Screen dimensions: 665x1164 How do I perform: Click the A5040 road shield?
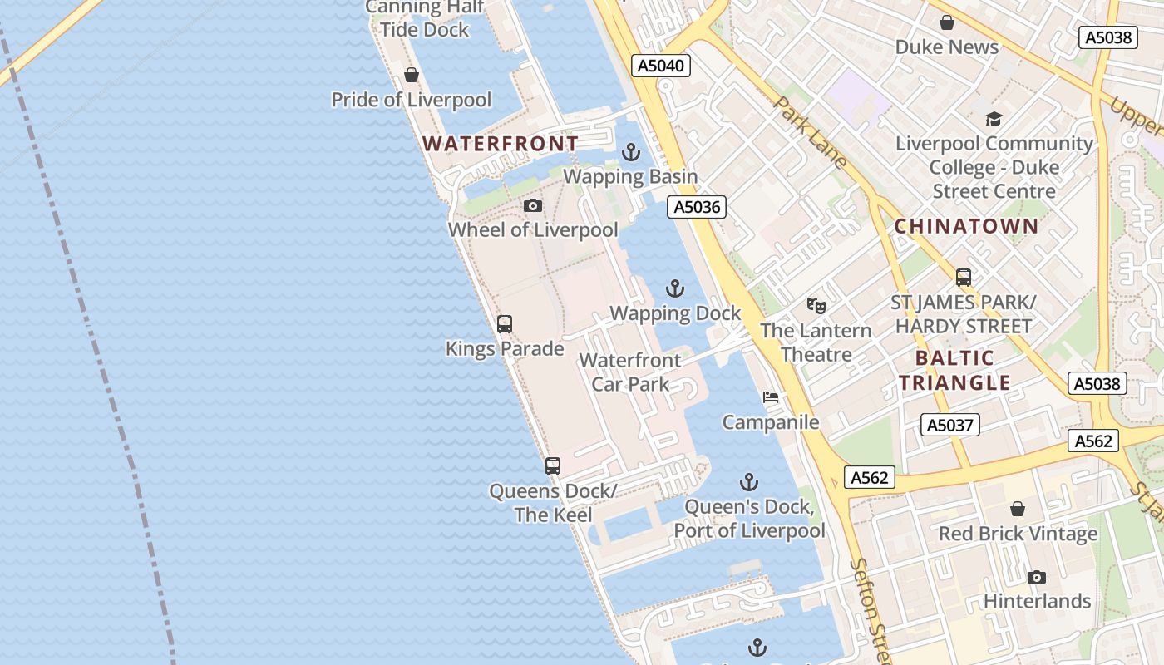click(x=662, y=66)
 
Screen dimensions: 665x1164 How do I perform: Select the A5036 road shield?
click(x=697, y=207)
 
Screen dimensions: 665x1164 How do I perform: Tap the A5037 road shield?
click(x=949, y=426)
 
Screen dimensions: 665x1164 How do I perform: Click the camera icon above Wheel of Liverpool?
click(x=533, y=205)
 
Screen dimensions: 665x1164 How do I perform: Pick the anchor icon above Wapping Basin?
click(x=631, y=152)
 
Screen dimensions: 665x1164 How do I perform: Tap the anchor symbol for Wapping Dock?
click(x=675, y=288)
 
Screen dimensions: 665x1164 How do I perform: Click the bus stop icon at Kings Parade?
click(x=505, y=324)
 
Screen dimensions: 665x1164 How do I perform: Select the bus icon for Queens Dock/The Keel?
click(x=553, y=466)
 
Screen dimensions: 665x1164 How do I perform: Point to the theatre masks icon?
click(x=816, y=306)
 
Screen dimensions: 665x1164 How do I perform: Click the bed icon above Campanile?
click(x=771, y=397)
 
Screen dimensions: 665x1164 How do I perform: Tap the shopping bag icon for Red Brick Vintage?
click(x=1018, y=509)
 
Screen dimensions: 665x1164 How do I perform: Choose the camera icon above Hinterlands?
click(x=1036, y=577)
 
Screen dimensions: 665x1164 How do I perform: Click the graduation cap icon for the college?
click(x=994, y=120)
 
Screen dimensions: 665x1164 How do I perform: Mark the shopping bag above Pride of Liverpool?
click(x=412, y=76)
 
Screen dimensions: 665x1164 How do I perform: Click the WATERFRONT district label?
click(x=501, y=144)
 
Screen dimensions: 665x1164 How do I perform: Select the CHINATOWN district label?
click(x=967, y=226)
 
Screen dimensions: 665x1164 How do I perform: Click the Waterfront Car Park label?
click(x=630, y=372)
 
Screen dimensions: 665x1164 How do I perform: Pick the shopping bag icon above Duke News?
click(x=946, y=22)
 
